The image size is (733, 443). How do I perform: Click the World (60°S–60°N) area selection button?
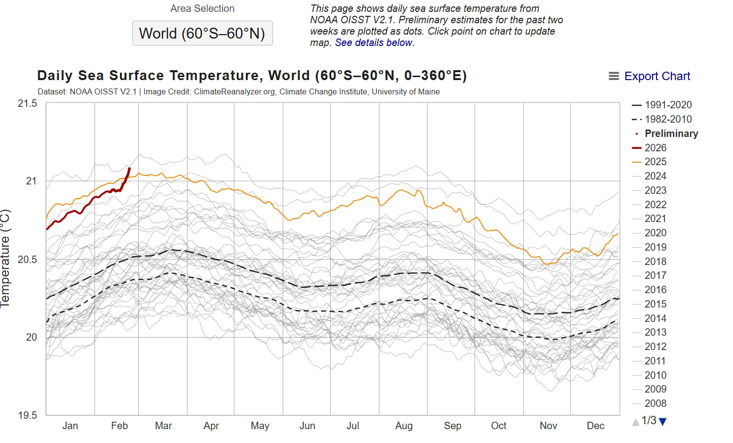202,33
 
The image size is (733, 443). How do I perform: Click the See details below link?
374,43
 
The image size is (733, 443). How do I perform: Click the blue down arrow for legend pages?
663,422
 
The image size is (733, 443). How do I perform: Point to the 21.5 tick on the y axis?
28,103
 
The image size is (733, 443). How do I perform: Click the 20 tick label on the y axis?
31,337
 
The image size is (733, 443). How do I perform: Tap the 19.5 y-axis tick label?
28,415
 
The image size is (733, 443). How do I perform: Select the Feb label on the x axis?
119,426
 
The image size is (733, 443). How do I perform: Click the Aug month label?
404,426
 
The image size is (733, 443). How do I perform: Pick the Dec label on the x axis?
595,426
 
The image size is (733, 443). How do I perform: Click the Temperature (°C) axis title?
5,259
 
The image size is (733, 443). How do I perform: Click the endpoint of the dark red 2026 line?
129,169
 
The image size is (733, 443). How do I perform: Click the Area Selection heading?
202,8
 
